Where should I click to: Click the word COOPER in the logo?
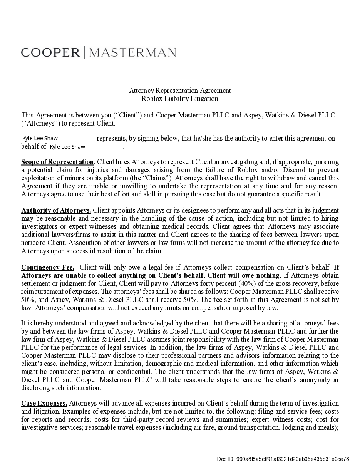50,52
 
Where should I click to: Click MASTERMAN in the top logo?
133,52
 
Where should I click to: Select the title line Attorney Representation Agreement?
180,91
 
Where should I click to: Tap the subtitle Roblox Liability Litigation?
180,99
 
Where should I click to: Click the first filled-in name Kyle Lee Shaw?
40,138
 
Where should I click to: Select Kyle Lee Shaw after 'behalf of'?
67,147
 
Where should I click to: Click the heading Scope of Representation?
57,162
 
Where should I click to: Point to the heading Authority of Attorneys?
56,210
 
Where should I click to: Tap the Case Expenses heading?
44,403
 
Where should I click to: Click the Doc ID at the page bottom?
283,459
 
